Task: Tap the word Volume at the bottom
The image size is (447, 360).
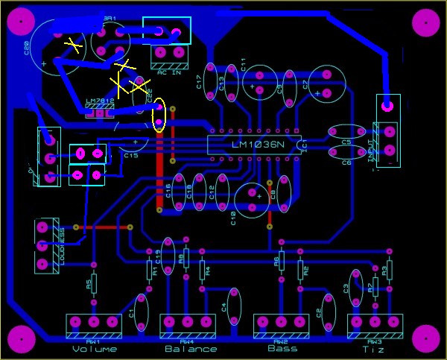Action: click(95, 349)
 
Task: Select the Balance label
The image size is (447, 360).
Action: click(191, 349)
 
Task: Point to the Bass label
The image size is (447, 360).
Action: click(282, 348)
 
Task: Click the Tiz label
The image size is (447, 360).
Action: click(374, 349)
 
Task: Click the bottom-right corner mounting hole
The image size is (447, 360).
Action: click(426, 339)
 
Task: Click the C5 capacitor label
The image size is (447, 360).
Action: click(346, 142)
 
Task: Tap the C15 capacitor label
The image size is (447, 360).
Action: click(131, 156)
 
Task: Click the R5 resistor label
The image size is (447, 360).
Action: click(88, 284)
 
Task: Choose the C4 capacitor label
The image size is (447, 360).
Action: click(225, 306)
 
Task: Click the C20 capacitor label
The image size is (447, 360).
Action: click(28, 48)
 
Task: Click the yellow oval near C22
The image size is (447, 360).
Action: click(158, 116)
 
